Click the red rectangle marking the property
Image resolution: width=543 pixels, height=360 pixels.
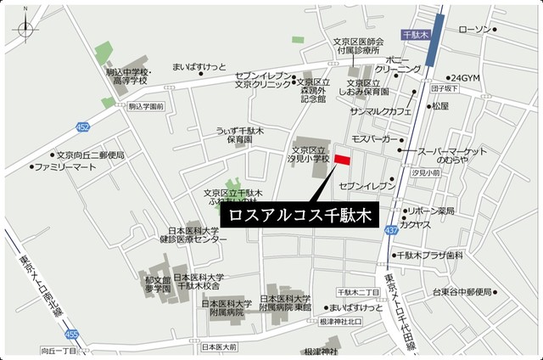342,160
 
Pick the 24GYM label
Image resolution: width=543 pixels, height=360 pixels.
465,77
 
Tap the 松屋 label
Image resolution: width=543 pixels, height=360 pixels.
439,106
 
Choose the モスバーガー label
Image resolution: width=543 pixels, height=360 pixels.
371,138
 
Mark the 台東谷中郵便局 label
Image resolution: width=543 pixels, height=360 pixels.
462,293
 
